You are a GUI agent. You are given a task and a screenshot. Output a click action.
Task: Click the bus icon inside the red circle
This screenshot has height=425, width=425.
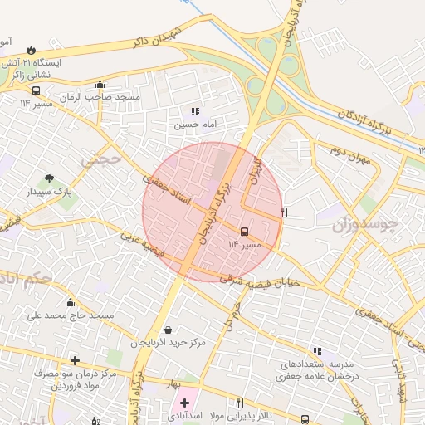point(244,232)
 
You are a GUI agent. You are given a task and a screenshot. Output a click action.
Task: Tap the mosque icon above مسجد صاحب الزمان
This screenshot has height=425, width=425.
point(100,84)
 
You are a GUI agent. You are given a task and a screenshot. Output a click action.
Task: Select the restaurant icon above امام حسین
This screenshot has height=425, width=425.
point(195,111)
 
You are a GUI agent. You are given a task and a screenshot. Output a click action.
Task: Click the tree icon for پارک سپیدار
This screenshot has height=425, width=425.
point(50,178)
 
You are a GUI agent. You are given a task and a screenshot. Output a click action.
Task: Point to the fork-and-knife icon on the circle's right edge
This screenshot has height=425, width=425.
point(284,213)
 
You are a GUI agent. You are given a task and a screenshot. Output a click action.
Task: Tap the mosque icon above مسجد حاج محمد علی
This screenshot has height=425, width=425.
point(70,303)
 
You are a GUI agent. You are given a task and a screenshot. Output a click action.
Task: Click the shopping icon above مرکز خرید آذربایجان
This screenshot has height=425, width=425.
point(169,330)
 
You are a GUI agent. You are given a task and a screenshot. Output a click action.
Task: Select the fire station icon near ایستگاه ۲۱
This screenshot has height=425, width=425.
point(31,50)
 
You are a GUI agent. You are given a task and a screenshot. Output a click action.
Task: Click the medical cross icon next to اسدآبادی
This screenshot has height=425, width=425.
point(184,403)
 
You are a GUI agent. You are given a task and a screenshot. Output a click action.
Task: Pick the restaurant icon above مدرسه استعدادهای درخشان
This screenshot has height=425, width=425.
point(316,351)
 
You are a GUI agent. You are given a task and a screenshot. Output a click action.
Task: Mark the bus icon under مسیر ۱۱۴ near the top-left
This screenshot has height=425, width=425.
point(36,90)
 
